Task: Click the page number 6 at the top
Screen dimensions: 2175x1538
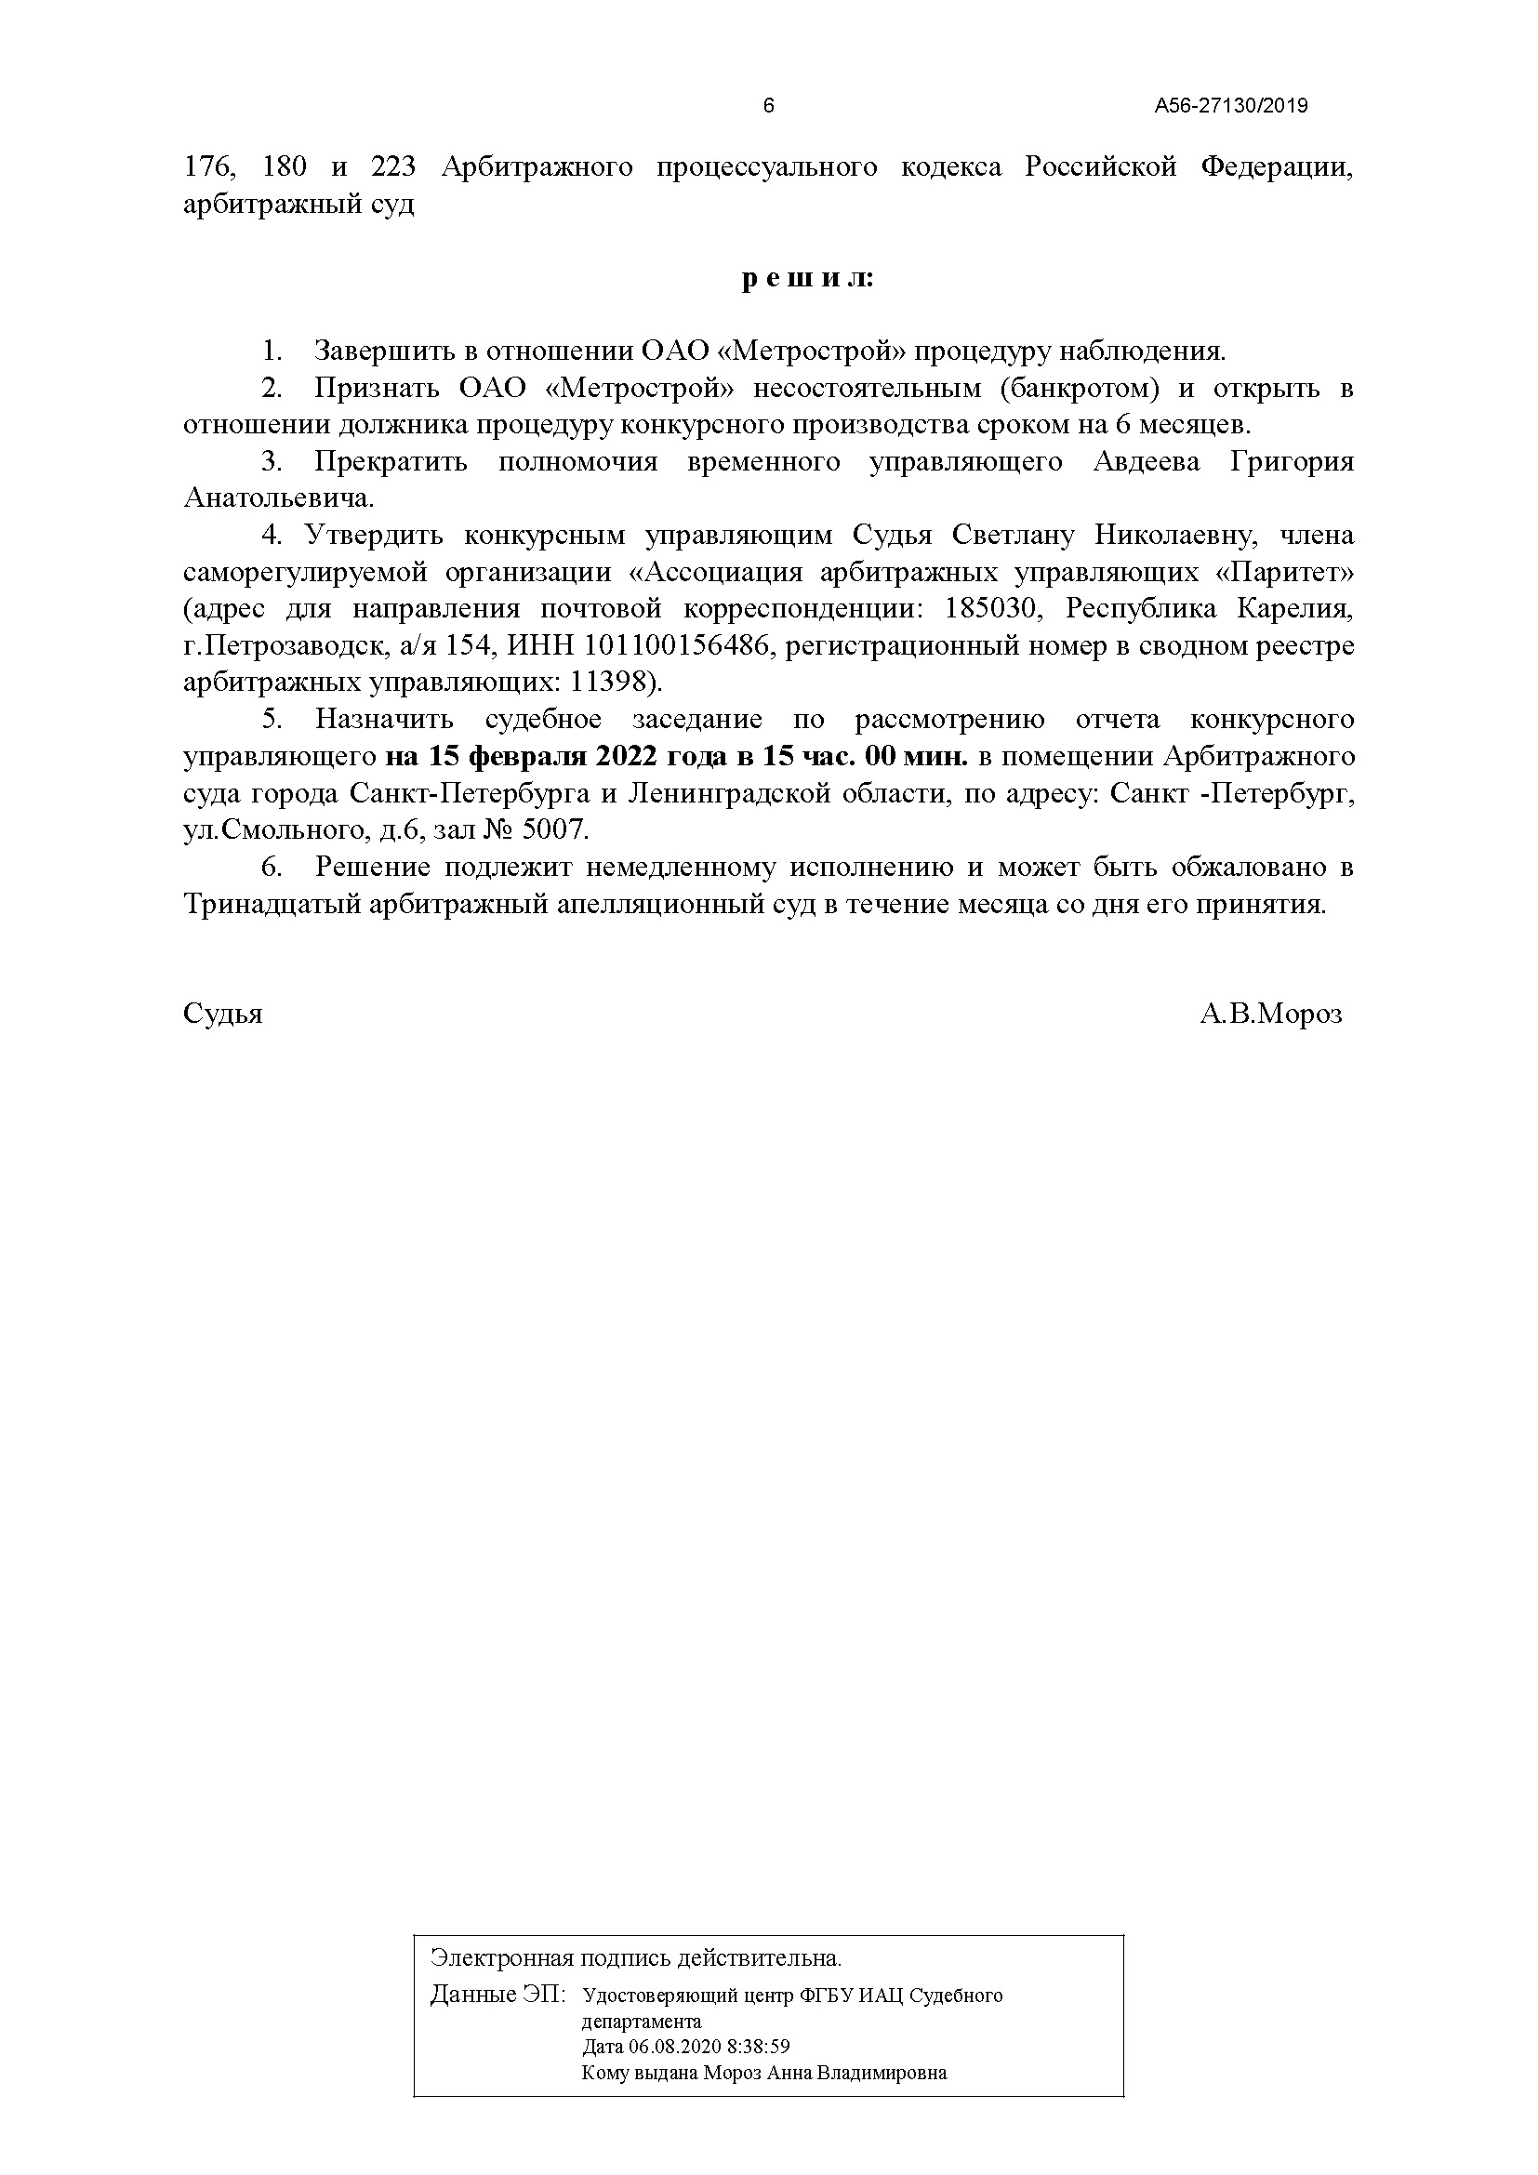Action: (768, 106)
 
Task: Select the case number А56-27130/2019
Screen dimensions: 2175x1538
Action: (1230, 106)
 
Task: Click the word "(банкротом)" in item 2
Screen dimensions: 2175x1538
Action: (1079, 389)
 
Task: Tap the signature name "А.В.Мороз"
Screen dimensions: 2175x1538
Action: (1270, 1015)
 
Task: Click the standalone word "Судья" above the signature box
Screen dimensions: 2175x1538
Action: (222, 1015)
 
